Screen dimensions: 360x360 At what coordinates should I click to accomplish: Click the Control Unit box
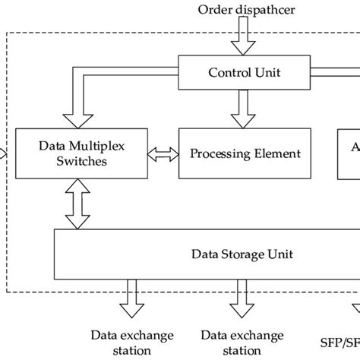[245, 72]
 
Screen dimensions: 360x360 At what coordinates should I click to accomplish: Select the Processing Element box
[245, 153]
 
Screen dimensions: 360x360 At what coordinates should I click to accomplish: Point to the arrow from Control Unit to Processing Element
[244, 109]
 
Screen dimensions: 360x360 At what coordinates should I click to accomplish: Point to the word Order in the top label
[213, 10]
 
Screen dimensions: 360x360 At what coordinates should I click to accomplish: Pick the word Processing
[221, 153]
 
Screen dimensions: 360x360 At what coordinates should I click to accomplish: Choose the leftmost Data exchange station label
[132, 343]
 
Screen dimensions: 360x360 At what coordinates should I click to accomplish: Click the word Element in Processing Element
[277, 153]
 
